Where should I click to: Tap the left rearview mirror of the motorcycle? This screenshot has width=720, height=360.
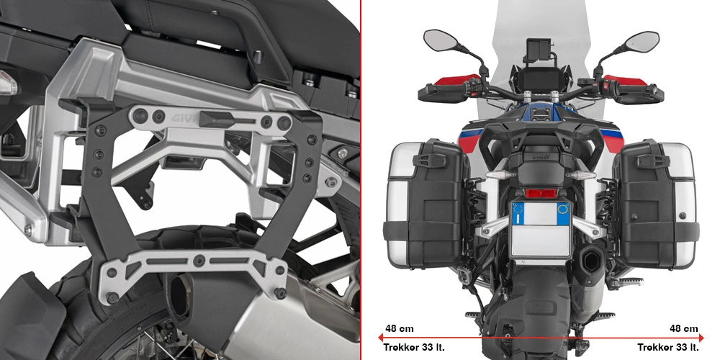tap(438, 40)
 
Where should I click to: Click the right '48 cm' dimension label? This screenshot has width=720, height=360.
tap(683, 328)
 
